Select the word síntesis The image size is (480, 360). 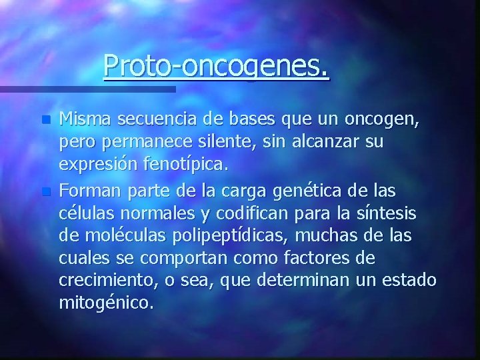(391, 214)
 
